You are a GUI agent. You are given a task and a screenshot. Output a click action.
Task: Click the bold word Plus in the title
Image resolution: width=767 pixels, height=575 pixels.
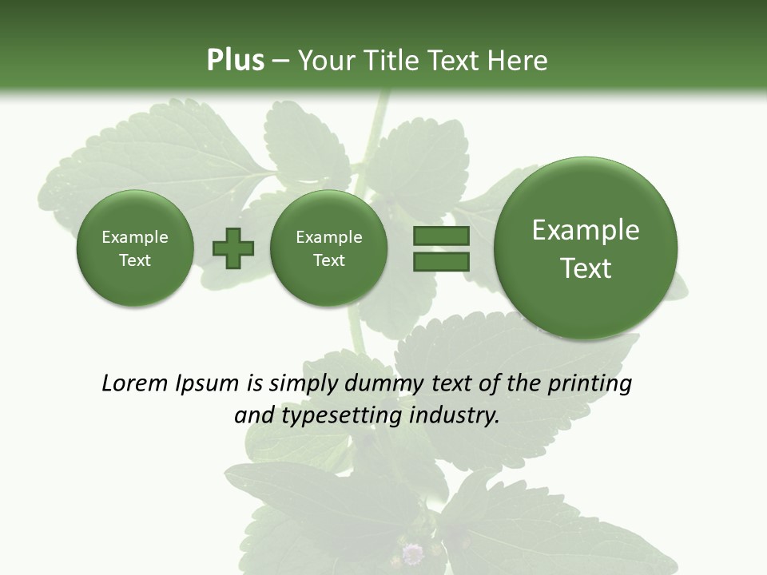click(235, 61)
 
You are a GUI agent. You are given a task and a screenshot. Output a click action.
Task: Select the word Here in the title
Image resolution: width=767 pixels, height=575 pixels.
click(519, 61)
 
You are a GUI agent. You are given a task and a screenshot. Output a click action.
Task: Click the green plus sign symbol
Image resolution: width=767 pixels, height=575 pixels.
click(233, 248)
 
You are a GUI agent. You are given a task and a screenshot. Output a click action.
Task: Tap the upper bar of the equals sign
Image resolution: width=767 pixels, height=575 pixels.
click(441, 236)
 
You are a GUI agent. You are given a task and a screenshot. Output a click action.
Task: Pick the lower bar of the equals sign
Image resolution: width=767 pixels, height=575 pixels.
click(441, 261)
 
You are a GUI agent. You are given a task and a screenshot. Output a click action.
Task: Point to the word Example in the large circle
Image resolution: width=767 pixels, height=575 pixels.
click(586, 230)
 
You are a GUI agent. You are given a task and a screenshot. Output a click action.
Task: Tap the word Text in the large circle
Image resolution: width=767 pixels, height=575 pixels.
click(586, 268)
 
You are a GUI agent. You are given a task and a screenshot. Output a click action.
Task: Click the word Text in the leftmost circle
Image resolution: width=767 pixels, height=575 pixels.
click(134, 260)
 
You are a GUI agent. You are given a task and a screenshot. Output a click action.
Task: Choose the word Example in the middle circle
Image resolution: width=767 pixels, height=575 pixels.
click(328, 237)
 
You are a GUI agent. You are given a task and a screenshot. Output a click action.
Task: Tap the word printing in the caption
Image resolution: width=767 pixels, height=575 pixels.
click(588, 383)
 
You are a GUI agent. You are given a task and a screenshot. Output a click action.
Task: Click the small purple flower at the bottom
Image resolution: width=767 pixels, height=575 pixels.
click(412, 553)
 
